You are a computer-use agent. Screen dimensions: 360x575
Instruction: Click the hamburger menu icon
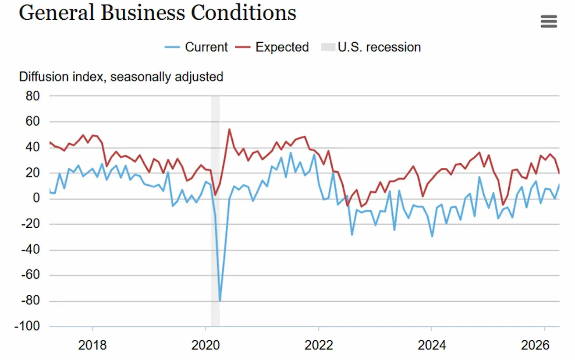[549, 21]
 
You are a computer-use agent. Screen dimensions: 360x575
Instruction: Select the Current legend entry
[196, 47]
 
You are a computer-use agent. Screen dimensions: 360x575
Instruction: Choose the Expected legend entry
[272, 47]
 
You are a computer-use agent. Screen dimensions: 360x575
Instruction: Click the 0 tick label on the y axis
[35, 199]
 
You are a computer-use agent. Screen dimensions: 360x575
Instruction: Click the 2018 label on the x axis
[92, 346]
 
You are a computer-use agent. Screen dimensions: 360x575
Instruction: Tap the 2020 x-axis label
[206, 346]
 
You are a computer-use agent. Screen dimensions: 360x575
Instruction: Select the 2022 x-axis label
[319, 346]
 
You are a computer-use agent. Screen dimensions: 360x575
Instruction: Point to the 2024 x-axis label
[432, 346]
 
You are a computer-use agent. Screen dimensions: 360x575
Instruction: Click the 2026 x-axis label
[544, 346]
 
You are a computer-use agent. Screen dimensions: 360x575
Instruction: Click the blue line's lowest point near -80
[220, 301]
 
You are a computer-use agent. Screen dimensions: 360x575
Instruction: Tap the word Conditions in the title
[243, 13]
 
